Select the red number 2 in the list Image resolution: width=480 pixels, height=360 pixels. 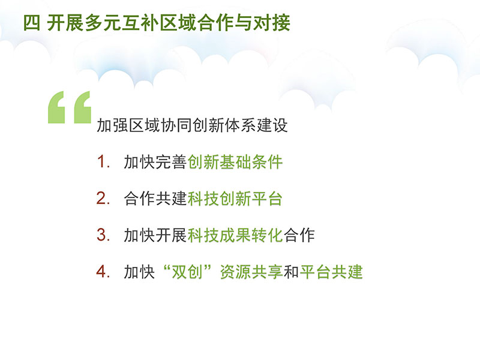[102, 198]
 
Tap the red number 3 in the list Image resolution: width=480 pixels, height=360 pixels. [102, 235]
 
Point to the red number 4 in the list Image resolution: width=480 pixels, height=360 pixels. [102, 271]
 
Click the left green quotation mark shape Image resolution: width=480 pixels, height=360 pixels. [56, 107]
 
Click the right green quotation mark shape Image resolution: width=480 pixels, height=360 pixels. [82, 107]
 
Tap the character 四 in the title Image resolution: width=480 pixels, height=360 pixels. [32, 23]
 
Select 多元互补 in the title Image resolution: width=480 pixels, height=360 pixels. [121, 23]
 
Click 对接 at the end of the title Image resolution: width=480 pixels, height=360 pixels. [271, 23]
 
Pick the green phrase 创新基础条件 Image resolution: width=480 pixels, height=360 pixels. [235, 161]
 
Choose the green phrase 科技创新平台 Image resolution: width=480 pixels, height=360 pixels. [235, 199]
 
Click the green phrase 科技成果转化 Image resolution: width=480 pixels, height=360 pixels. [235, 235]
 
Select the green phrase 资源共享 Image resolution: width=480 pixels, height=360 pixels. [251, 272]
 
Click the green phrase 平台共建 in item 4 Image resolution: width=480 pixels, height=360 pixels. [331, 272]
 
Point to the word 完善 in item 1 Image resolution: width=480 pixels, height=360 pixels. [171, 161]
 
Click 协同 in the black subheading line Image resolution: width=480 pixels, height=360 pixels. [176, 125]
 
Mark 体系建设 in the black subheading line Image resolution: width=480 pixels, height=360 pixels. [256, 125]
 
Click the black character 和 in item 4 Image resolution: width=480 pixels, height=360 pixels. [291, 272]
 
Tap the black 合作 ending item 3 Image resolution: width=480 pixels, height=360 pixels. [299, 235]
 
